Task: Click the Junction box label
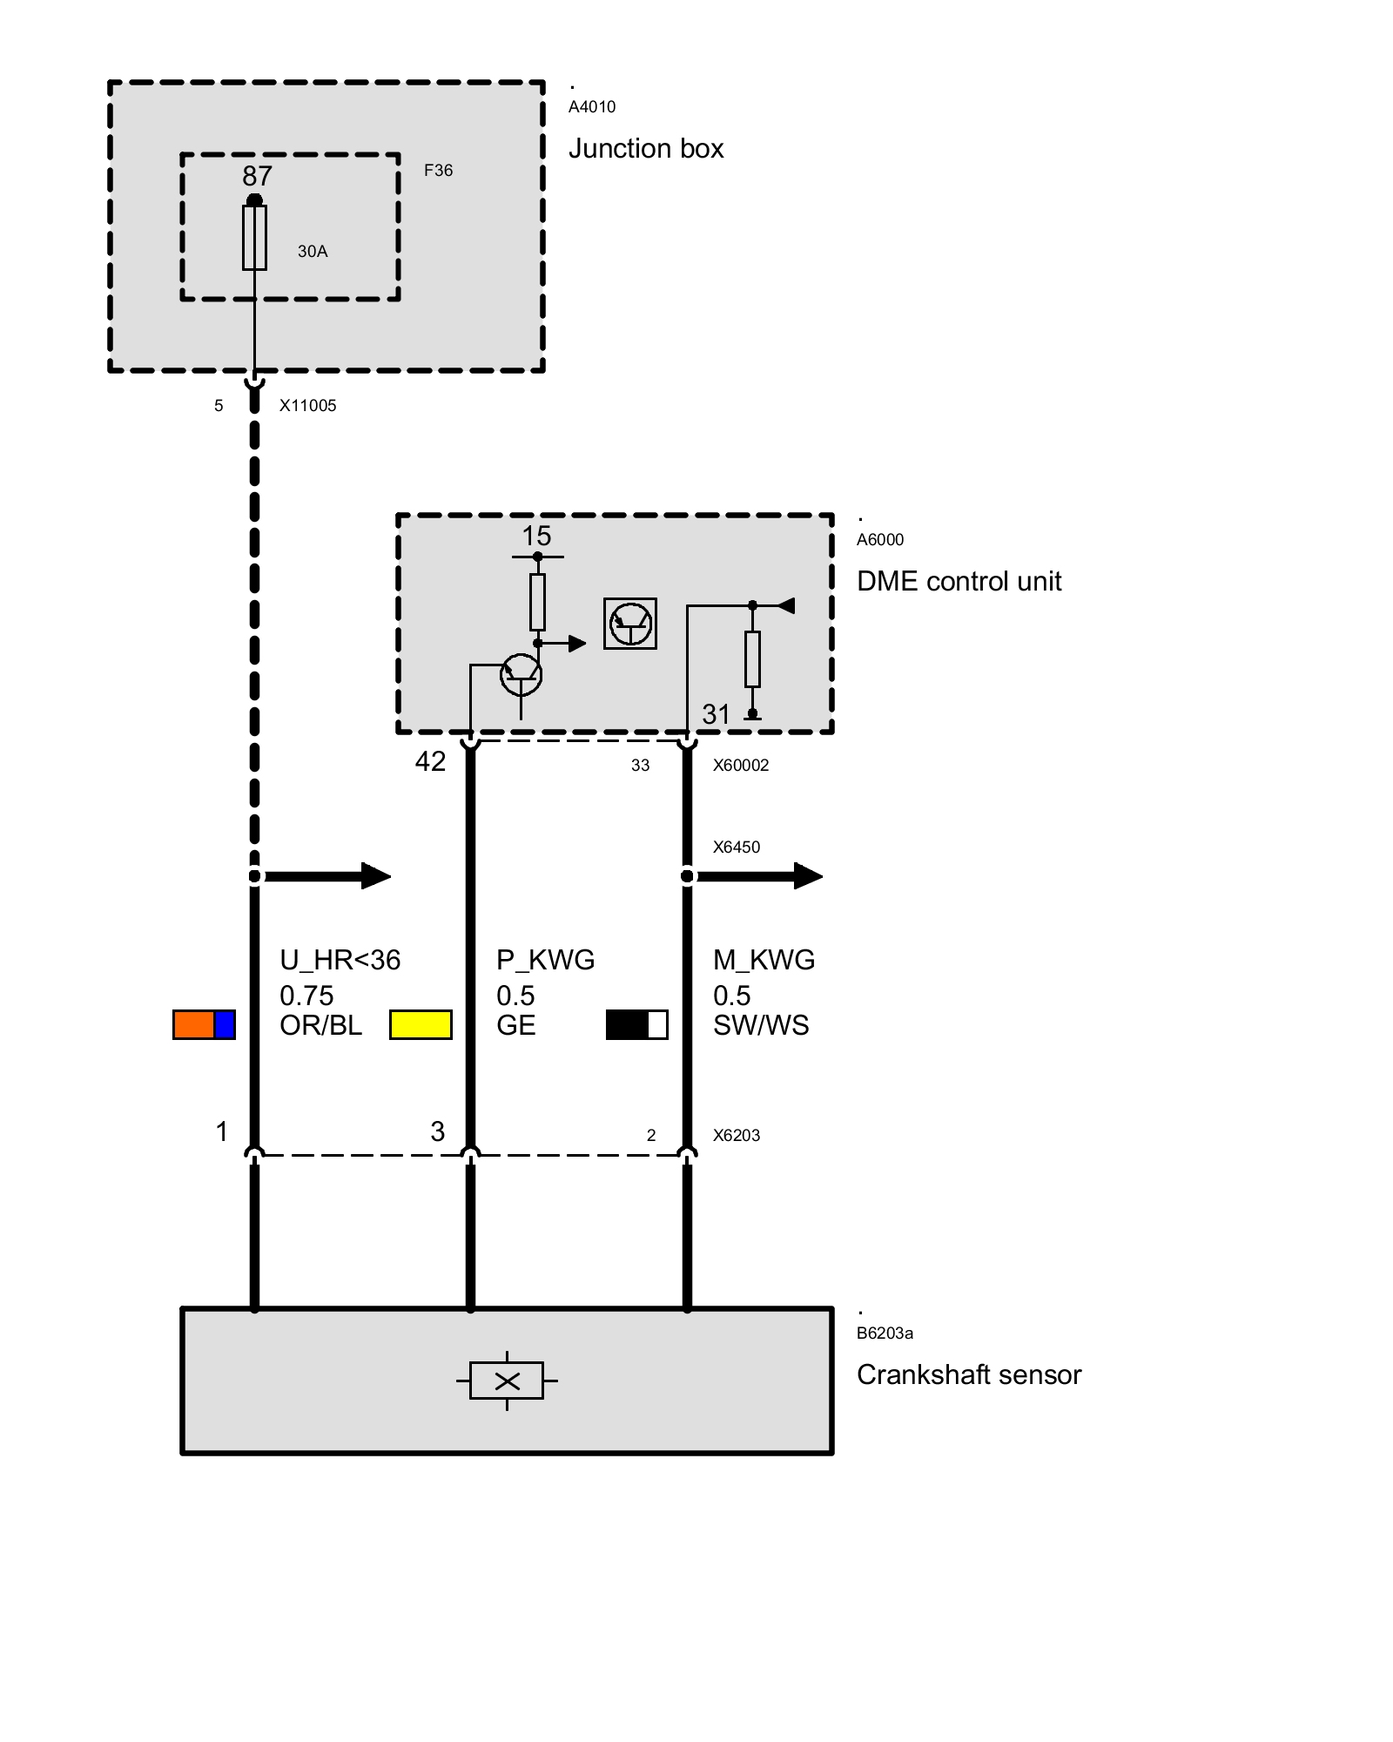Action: pos(645,149)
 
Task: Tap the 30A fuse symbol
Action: pos(254,238)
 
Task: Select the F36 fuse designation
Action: pos(438,171)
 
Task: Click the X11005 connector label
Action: pos(307,406)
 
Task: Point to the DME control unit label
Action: pos(959,582)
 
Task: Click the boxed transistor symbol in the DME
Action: pos(630,624)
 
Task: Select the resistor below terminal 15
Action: pos(537,602)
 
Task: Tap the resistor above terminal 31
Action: pos(752,659)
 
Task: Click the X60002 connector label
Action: pos(741,766)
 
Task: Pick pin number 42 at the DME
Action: pos(430,761)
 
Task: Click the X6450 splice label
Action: pos(736,847)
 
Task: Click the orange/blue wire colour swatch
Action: pos(204,1025)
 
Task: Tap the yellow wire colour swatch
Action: pos(421,1025)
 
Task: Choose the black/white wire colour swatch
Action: pos(636,1025)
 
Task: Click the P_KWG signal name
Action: pos(545,960)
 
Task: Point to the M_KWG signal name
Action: pos(764,960)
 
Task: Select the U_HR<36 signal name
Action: pos(340,960)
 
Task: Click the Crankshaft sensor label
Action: pos(968,1375)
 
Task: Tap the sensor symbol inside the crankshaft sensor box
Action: pos(507,1381)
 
